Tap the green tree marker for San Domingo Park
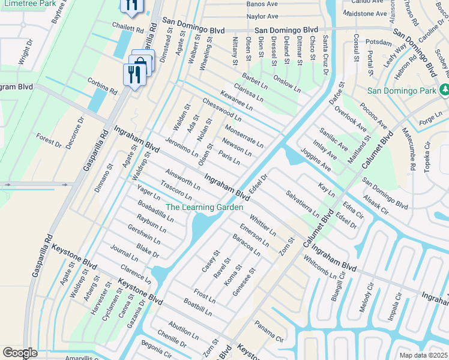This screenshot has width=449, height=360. click(x=445, y=90)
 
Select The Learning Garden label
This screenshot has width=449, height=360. click(x=204, y=208)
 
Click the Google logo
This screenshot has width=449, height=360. click(x=20, y=352)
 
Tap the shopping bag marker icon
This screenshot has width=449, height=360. click(x=142, y=62)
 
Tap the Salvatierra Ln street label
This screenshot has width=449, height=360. click(x=303, y=203)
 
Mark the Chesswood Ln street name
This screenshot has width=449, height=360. click(x=221, y=110)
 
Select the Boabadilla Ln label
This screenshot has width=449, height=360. click(x=155, y=211)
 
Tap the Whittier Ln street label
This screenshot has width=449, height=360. click(x=262, y=225)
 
